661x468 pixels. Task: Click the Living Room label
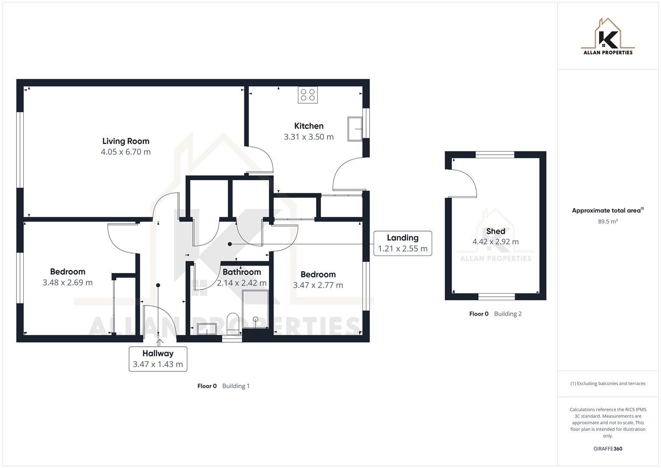[126, 141]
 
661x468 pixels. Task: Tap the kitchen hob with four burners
[307, 95]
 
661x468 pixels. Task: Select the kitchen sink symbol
[355, 129]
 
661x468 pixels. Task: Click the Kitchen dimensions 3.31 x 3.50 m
[309, 137]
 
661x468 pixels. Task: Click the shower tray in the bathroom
[255, 309]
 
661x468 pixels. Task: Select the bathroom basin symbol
[207, 329]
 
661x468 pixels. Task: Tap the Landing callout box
[403, 243]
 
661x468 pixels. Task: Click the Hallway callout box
[158, 359]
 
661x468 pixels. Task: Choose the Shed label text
[495, 231]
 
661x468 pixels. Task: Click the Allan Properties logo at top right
[608, 37]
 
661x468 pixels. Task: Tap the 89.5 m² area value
[608, 221]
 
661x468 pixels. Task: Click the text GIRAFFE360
[608, 449]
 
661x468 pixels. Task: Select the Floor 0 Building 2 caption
[495, 314]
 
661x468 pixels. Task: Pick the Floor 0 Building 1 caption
[223, 386]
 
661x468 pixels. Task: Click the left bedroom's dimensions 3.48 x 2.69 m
[68, 283]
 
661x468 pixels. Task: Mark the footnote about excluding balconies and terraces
[608, 383]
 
